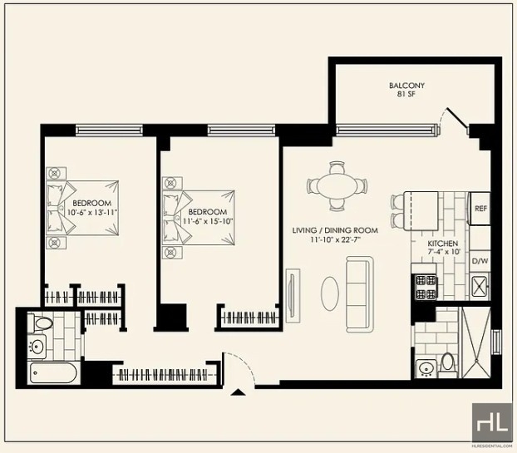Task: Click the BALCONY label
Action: [406, 86]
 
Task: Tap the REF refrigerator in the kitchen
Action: [480, 209]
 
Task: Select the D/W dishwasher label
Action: [480, 261]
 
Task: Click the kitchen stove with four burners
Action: [426, 287]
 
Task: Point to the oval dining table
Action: [337, 186]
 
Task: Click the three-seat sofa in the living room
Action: [359, 294]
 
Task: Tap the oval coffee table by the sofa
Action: [330, 293]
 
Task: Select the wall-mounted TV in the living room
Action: [292, 295]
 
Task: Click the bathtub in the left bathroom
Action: [54, 373]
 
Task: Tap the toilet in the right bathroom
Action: [447, 365]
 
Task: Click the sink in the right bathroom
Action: [426, 368]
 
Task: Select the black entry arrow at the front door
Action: [238, 392]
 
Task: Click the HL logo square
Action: [492, 422]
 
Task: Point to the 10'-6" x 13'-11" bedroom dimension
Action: [92, 212]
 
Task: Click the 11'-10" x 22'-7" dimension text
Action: [335, 239]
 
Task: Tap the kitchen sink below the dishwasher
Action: [480, 286]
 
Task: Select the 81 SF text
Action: [406, 94]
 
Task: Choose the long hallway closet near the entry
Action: [165, 375]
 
